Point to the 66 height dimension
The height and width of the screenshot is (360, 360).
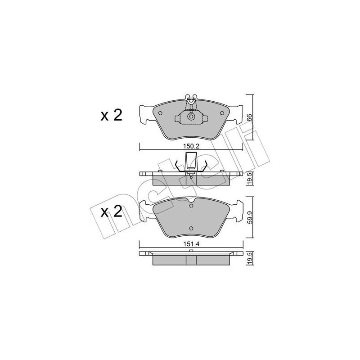tap(249, 117)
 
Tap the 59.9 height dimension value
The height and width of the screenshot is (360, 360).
tap(249, 218)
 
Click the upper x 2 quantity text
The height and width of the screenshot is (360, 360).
tap(111, 116)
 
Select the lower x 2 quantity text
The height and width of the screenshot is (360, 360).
tap(111, 212)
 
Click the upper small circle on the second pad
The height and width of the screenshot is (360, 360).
tap(191, 206)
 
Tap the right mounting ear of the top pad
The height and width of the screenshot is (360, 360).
tap(237, 115)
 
